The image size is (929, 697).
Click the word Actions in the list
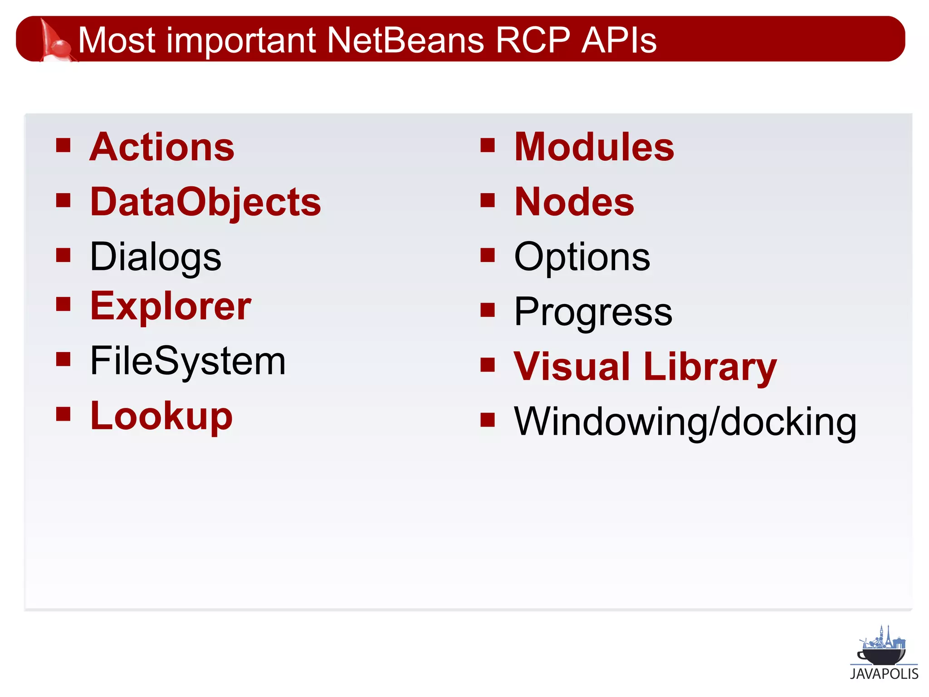pos(162,147)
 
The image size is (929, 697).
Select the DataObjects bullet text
pos(205,202)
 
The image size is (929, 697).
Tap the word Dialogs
pos(156,257)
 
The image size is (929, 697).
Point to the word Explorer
pos(171,306)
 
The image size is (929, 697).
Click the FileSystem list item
pos(188,361)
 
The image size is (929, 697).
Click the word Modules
pos(594,147)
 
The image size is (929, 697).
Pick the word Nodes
pos(574,202)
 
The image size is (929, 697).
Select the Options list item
pos(582,257)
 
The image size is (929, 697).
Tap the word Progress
pos(593,312)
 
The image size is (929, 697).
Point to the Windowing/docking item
pos(685,422)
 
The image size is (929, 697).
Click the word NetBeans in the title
pos(406,40)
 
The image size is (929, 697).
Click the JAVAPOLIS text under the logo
pos(884,674)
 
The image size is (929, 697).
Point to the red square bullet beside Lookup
pos(64,414)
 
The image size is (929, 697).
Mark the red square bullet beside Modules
pos(488,145)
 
